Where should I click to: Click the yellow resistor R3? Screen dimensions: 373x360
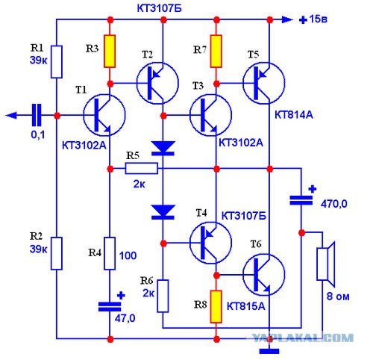(x=110, y=52)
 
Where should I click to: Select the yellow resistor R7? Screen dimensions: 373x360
(x=216, y=52)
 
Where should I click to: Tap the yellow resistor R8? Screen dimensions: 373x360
(x=216, y=307)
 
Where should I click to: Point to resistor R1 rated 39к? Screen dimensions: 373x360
(x=57, y=62)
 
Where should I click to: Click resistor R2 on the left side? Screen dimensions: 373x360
(x=57, y=253)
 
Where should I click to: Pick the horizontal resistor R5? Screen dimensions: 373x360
(x=141, y=168)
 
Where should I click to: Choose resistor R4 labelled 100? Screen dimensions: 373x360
(x=110, y=253)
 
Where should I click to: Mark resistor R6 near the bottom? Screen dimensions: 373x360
(x=163, y=296)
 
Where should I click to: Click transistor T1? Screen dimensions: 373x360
(x=104, y=115)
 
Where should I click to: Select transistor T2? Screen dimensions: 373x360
(x=157, y=83)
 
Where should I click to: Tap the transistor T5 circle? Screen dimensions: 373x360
(x=264, y=83)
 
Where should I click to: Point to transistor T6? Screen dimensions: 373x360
(x=264, y=275)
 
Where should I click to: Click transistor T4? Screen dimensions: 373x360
(x=210, y=243)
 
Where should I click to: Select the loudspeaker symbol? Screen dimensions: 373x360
(x=326, y=264)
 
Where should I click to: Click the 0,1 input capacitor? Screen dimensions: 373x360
(x=37, y=115)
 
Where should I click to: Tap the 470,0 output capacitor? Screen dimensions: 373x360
(x=301, y=200)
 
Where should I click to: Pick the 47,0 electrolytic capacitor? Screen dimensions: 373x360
(x=110, y=307)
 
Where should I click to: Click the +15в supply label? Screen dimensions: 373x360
(x=313, y=19)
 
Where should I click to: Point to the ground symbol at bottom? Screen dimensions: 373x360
(x=269, y=351)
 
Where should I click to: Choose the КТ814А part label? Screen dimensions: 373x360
(x=294, y=115)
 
